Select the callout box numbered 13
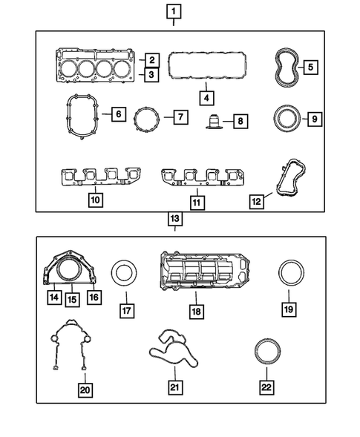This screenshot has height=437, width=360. (x=174, y=219)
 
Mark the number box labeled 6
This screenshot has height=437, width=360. (x=117, y=115)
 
